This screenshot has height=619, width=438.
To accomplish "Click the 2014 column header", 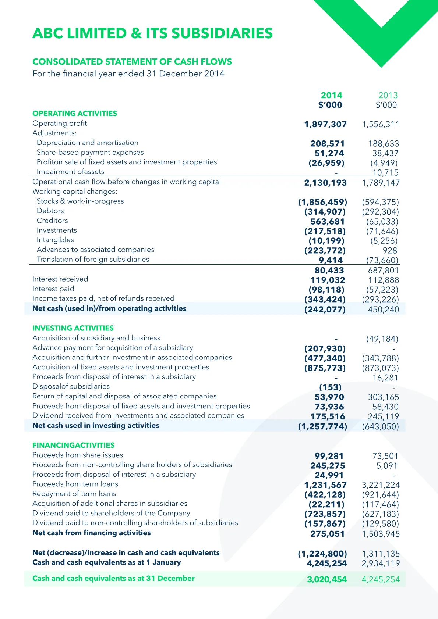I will (331, 95).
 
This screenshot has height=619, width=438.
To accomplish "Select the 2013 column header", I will (388, 95).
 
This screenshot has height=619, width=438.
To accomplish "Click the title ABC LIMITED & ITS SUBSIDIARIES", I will (152, 33).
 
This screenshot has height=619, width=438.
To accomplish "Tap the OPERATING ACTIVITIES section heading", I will (75, 114).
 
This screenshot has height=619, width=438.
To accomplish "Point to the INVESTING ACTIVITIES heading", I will (73, 328).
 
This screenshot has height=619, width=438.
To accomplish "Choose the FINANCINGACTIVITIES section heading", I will (73, 445).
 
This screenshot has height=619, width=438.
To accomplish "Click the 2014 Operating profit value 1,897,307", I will (325, 125).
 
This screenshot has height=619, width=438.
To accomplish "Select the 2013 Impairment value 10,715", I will (385, 173).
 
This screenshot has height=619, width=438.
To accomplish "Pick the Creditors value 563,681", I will (328, 222).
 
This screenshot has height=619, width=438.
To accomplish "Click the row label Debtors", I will (50, 211).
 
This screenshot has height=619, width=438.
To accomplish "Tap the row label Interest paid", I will (53, 289).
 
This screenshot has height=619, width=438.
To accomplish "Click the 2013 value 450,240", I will (383, 309).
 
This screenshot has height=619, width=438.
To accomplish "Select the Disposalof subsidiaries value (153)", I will (330, 387).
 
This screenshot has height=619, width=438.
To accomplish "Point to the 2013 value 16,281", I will (385, 378).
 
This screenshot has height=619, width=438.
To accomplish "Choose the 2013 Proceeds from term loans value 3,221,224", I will (381, 485).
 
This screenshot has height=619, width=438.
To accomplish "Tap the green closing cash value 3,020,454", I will (327, 580).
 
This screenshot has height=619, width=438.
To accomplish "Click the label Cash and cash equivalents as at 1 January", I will (107, 562).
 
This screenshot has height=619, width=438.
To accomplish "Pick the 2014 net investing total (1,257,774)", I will (322, 427).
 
